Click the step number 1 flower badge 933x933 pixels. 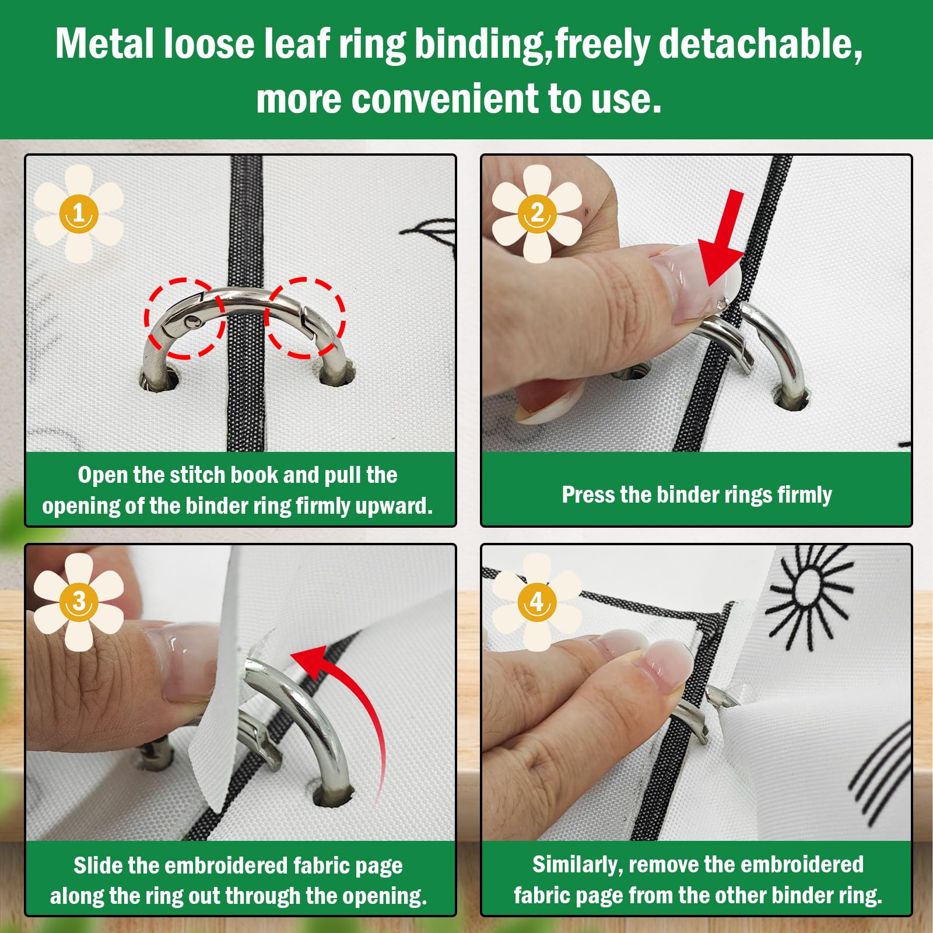(x=79, y=213)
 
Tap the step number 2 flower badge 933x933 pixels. (x=537, y=213)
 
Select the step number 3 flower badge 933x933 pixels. (x=79, y=602)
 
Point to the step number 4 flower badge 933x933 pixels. (x=537, y=602)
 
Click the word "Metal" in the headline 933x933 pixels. (x=106, y=44)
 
